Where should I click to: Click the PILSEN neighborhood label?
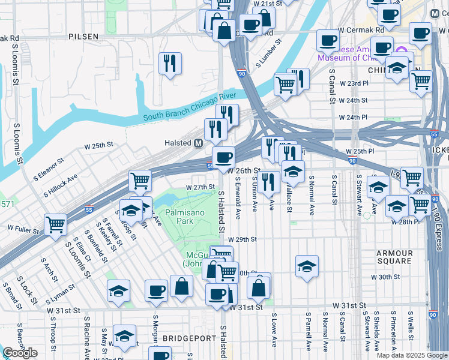pyautogui.click(x=83, y=37)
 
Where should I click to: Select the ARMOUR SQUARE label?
pyautogui.click(x=395, y=257)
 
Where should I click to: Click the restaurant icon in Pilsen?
pyautogui.click(x=170, y=63)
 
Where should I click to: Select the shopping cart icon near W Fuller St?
pyautogui.click(x=55, y=226)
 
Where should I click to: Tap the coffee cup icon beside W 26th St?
pyautogui.click(x=223, y=158)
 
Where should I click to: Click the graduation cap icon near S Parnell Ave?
pyautogui.click(x=307, y=266)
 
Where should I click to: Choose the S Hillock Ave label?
pyautogui.click(x=61, y=186)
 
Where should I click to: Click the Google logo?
pyautogui.click(x=20, y=353)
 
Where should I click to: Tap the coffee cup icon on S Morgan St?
pyautogui.click(x=156, y=290)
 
